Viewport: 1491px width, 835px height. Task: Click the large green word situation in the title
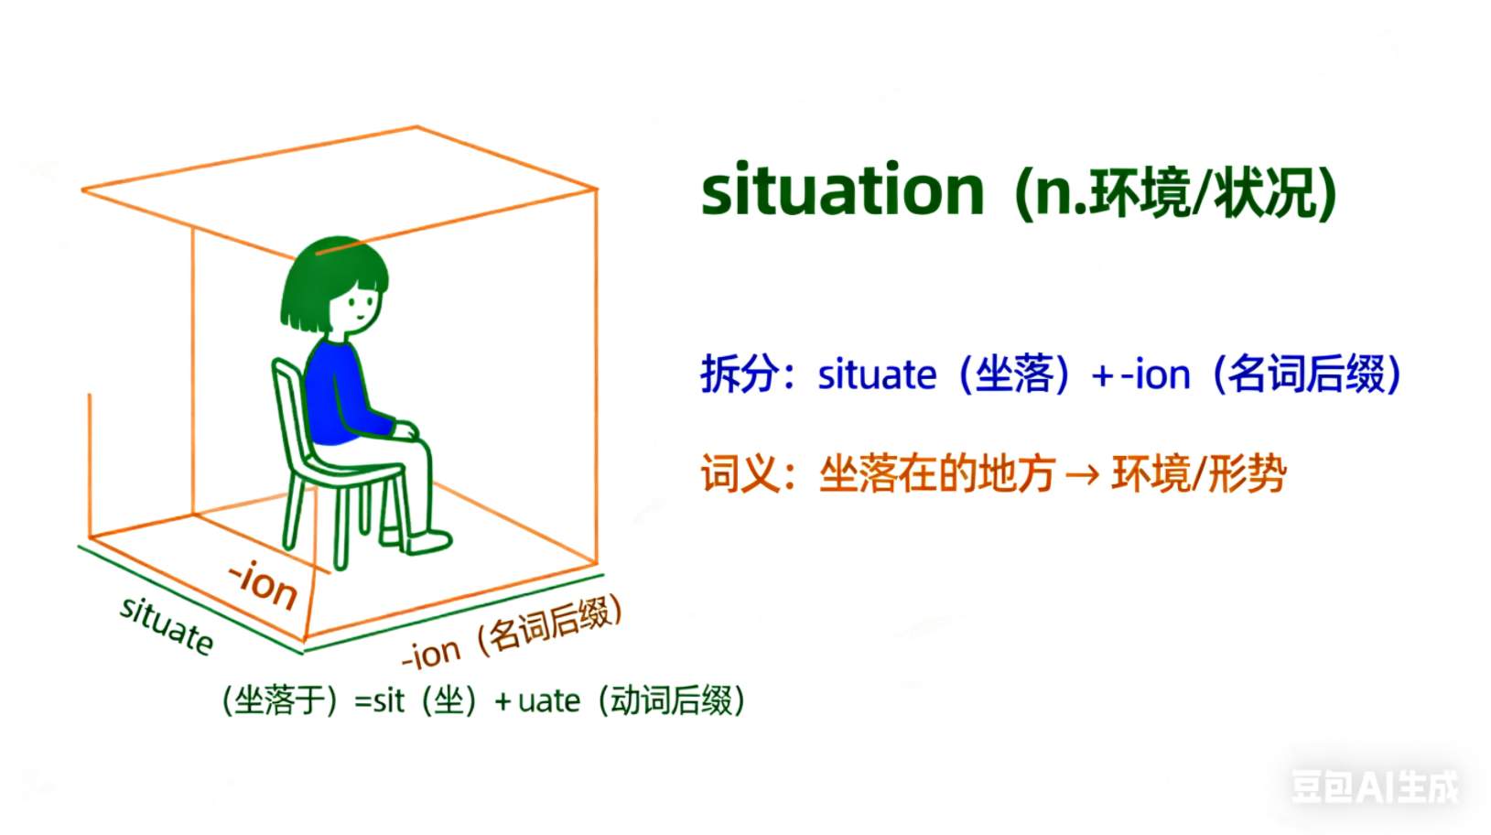click(x=843, y=190)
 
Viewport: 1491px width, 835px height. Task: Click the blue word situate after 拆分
click(x=877, y=374)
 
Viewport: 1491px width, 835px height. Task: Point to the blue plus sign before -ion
click(x=1103, y=377)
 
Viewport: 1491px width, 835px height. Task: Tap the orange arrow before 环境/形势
click(x=1083, y=475)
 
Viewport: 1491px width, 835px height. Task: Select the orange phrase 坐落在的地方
click(x=937, y=473)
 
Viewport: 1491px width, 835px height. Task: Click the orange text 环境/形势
click(x=1199, y=473)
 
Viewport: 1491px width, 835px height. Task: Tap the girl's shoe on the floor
click(x=429, y=542)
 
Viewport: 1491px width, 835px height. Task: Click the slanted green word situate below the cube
click(x=167, y=625)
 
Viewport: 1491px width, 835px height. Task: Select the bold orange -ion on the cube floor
click(x=263, y=585)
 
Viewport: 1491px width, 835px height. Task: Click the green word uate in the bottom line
click(x=549, y=701)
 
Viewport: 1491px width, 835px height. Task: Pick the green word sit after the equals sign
click(x=389, y=700)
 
